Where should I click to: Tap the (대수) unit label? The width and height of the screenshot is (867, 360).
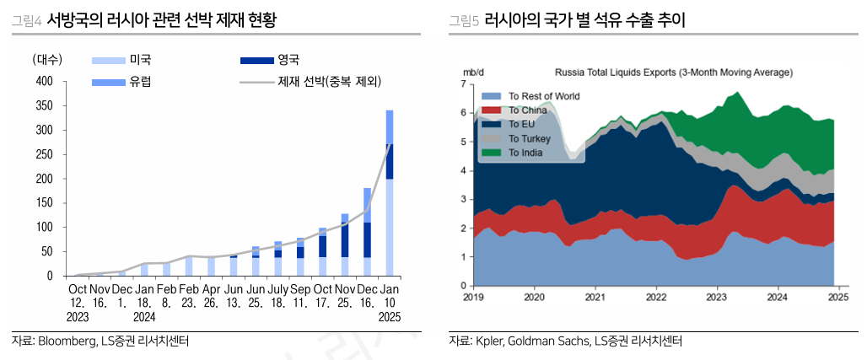47,60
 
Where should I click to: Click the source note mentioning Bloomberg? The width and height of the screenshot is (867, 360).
100,341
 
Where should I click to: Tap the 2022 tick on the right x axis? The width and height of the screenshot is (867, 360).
656,297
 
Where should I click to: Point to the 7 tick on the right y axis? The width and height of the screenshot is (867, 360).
464,84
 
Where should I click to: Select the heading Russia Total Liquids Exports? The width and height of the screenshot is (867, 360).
673,73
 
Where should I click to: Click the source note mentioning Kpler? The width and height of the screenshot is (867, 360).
566,341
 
